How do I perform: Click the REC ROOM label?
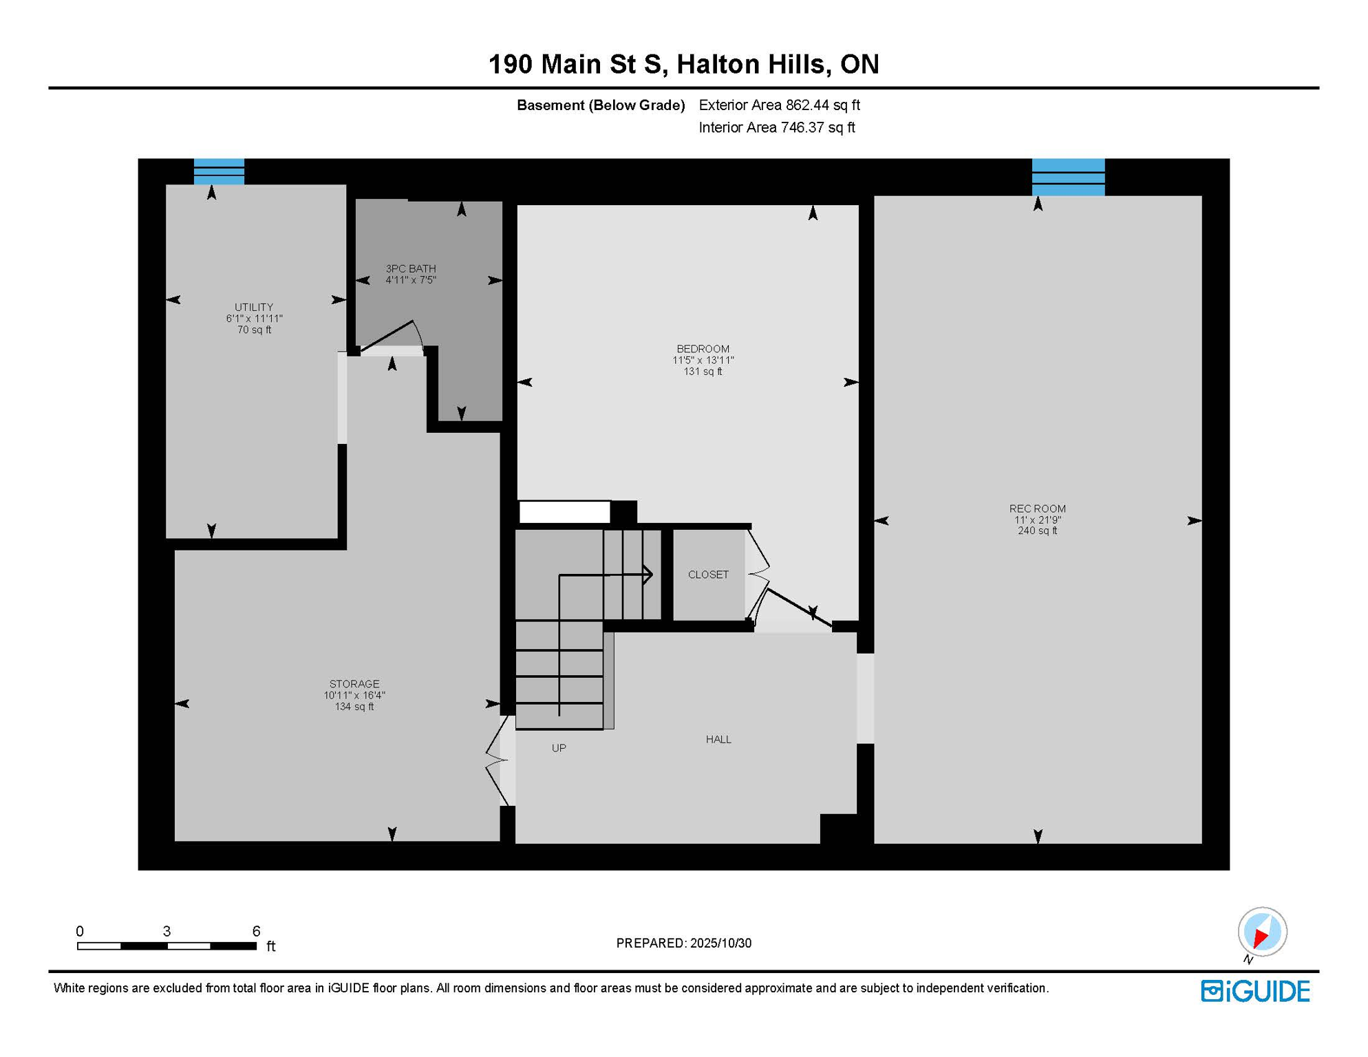(1037, 509)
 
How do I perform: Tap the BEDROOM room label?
(703, 349)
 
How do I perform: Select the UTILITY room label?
(254, 307)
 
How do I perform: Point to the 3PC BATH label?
(411, 268)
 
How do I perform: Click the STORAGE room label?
(354, 683)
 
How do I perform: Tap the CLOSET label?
(708, 575)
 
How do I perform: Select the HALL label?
(718, 739)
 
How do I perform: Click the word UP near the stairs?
(559, 748)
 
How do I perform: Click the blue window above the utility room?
(219, 171)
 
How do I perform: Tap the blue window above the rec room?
(1068, 177)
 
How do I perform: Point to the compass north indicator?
(1262, 932)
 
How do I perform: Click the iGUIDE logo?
(1255, 991)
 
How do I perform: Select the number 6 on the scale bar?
(256, 931)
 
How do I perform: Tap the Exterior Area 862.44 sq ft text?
(779, 105)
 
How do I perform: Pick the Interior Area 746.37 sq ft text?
(776, 127)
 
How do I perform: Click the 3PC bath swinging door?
(387, 335)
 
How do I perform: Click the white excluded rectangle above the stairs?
(564, 511)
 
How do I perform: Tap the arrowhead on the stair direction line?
(648, 574)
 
